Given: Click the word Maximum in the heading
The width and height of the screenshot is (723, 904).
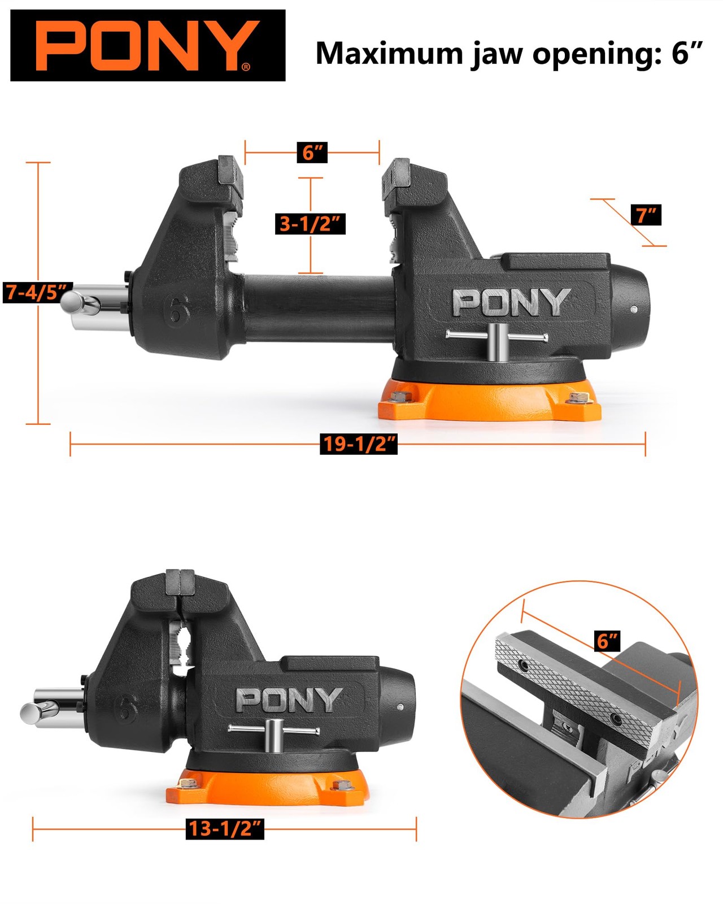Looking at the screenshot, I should pos(389,54).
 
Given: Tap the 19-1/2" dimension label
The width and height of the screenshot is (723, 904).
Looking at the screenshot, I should pos(359,444).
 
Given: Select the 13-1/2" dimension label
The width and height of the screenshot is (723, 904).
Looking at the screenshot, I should pos(225,828).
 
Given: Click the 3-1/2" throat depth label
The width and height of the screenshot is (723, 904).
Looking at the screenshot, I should pos(310,224).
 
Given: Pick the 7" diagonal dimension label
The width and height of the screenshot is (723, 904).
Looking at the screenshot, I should pos(646,215).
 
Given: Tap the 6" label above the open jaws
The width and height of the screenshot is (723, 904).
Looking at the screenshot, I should pos(312,152).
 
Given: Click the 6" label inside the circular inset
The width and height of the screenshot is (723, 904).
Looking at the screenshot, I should pos(608,641).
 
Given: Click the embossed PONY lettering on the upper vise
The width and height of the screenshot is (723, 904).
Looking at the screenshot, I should pos(511,302).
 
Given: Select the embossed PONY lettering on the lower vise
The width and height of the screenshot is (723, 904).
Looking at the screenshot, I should pos(289,700).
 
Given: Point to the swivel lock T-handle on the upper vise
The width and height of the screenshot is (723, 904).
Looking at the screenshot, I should pos(496,339).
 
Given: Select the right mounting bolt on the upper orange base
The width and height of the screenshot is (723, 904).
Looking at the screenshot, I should pos(577,398).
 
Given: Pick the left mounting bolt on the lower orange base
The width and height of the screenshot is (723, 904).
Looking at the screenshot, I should pos(188,784).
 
